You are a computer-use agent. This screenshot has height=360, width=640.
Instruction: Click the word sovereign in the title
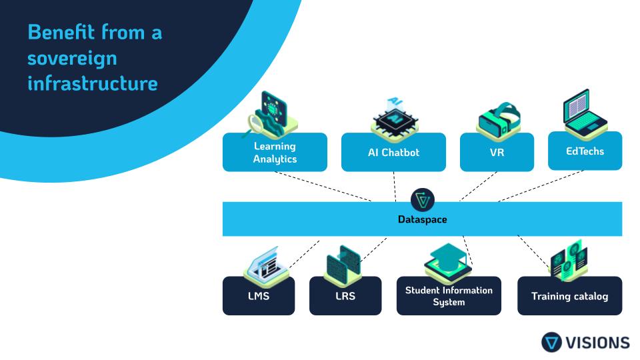(72, 58)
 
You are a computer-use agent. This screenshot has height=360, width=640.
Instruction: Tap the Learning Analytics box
(275, 153)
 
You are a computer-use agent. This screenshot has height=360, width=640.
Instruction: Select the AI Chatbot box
(393, 153)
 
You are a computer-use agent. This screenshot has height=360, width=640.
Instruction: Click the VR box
(497, 153)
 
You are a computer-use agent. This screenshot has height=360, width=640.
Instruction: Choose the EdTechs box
(585, 151)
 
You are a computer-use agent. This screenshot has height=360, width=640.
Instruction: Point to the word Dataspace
(422, 219)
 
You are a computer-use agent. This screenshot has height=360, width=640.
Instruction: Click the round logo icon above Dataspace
(423, 199)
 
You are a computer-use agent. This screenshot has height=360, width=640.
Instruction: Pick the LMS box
(258, 296)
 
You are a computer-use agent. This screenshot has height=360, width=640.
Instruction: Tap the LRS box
(345, 296)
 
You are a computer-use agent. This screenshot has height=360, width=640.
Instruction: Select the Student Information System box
(449, 296)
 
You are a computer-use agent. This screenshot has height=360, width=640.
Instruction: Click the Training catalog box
(569, 296)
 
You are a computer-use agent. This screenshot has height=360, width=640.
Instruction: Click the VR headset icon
(499, 119)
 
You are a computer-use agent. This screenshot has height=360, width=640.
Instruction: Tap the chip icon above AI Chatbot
(395, 118)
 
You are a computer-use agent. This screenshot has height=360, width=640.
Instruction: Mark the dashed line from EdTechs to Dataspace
(540, 186)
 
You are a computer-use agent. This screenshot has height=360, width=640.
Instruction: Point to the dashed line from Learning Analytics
(323, 186)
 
